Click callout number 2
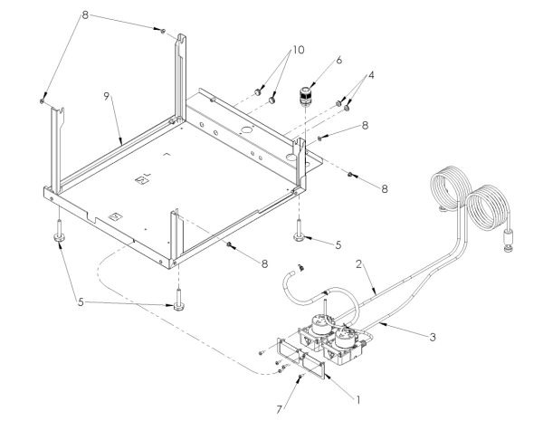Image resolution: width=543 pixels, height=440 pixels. [360, 264]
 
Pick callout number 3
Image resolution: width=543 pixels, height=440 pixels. [433, 337]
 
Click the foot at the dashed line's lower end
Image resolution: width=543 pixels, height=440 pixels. [179, 305]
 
